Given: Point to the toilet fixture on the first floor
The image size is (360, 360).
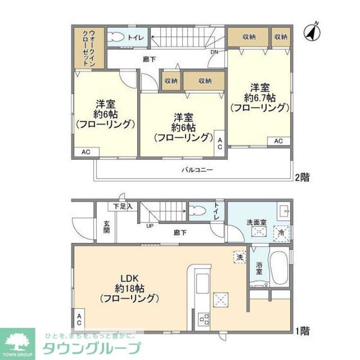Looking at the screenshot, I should coord(198,211).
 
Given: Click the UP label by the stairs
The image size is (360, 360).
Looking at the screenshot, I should coord(150,226).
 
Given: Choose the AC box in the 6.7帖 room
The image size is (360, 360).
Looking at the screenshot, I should coord(278,141).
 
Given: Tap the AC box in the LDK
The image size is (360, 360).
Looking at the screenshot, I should coord(79,319).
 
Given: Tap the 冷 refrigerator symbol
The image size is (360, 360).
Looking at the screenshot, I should coord(282,232).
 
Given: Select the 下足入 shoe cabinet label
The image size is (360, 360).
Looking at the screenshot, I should coord(123,207).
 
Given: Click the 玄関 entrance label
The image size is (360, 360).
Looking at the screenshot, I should coord(107,228).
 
